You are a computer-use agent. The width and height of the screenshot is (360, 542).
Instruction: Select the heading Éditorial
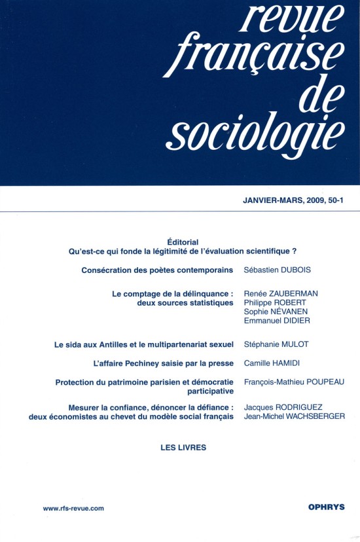183,242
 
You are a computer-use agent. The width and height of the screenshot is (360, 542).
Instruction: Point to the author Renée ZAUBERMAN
280,294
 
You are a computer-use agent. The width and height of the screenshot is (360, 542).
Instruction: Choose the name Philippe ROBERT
274,303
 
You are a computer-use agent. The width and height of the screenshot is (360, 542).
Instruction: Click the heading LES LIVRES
183,448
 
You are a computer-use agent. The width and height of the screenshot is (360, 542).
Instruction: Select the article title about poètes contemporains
157,270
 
